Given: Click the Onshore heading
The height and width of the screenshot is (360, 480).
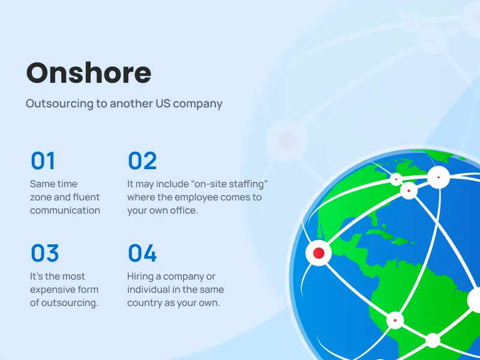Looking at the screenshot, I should tap(89, 73).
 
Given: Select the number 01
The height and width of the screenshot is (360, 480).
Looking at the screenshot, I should tap(43, 161).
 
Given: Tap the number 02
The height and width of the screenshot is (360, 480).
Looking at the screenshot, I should tap(142, 161).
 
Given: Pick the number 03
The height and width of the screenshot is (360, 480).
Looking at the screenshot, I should tap(45, 253).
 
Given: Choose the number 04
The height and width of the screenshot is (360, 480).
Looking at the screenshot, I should tap(142, 253).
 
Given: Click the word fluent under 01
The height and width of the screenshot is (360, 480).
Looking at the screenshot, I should tap(86, 197).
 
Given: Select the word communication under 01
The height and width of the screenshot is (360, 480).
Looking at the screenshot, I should tap(65, 210).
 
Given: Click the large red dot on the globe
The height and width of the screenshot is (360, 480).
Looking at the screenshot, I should tap(319, 253).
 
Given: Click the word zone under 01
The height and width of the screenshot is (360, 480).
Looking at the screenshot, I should tap(42, 197).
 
